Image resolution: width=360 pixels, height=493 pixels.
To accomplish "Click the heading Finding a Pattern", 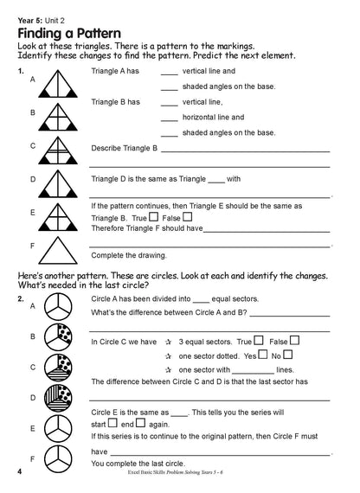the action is tap(79, 34).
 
